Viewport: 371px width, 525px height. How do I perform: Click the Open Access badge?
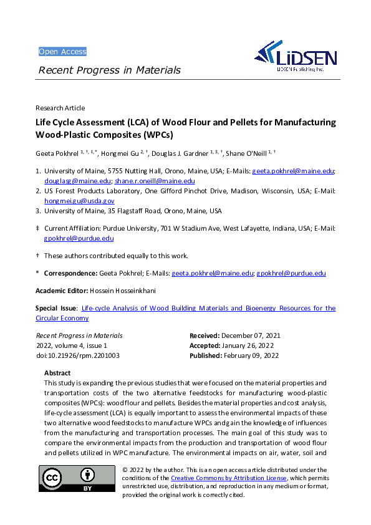62,52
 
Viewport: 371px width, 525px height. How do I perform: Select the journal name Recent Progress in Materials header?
110,70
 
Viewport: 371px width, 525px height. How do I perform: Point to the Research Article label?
60,108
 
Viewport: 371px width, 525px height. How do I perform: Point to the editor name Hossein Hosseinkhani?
117,291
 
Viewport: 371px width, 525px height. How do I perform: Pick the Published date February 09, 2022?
251,355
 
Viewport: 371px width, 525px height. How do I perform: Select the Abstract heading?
57,372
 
